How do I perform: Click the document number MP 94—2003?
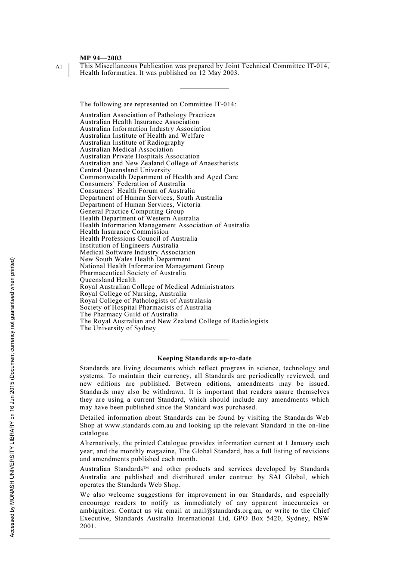(101, 58)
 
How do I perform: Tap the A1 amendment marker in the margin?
(59, 67)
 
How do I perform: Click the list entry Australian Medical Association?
(126, 149)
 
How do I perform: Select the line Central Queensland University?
(125, 170)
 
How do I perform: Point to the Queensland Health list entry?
(108, 280)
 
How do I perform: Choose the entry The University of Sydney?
(118, 328)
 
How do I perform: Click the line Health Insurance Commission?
(124, 232)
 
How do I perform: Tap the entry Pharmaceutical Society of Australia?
(133, 273)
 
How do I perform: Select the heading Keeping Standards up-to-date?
(204, 358)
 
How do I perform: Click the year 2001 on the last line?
(87, 526)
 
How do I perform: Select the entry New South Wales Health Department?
(135, 259)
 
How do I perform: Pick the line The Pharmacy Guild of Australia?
(128, 314)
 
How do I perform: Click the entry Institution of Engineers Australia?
(129, 245)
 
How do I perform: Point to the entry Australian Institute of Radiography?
(132, 142)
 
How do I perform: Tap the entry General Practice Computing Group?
(132, 211)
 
